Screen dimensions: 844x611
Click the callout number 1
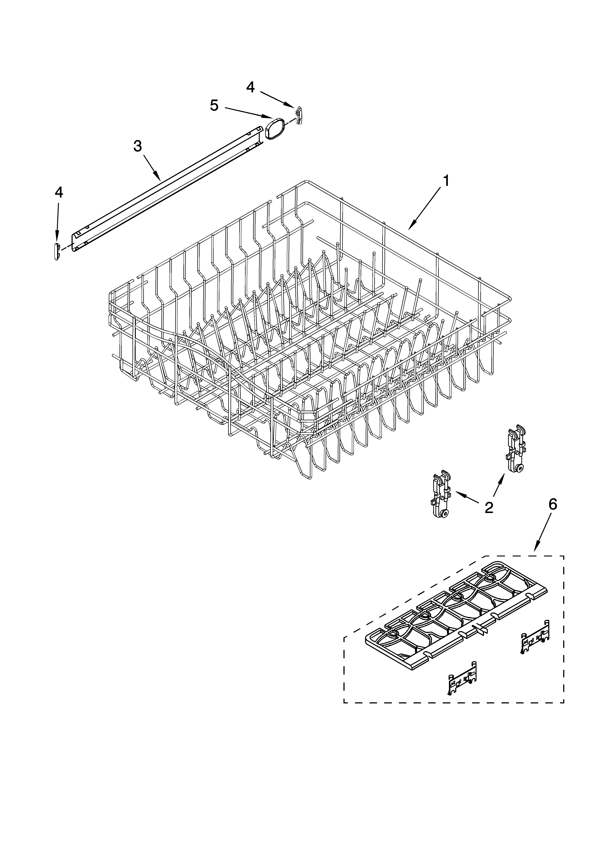(x=445, y=181)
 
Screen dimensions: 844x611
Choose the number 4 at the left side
(x=59, y=192)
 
